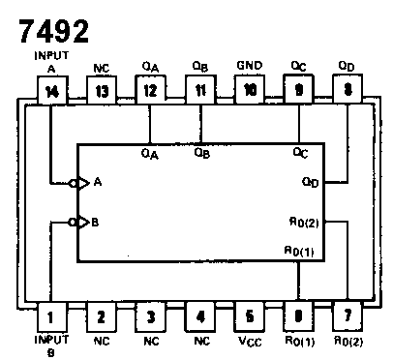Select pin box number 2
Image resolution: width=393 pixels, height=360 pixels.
100,315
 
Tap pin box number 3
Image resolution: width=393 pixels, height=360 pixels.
149,315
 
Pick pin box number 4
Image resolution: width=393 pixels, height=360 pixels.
198,315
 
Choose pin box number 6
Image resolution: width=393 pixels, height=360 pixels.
297,315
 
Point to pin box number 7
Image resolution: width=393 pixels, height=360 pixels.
347,315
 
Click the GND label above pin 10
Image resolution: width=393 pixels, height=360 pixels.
248,67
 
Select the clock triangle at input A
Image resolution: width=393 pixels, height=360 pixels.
83,181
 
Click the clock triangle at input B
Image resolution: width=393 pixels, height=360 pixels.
83,222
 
